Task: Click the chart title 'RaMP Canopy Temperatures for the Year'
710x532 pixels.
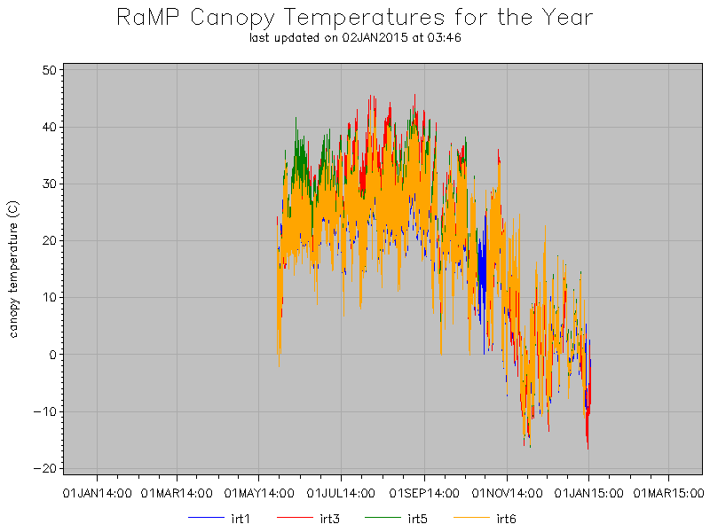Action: tap(355, 18)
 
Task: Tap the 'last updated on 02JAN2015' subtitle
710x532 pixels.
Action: tap(355, 38)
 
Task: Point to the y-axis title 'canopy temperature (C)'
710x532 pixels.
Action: tap(13, 270)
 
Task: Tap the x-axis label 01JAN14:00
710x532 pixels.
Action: tap(97, 490)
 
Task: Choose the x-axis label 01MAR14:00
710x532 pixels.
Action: tap(177, 490)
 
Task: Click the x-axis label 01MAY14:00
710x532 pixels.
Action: tap(258, 490)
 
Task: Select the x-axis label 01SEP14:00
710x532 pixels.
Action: tap(424, 490)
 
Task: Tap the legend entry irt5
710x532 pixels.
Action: tap(417, 519)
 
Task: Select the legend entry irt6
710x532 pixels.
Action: tap(506, 519)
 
